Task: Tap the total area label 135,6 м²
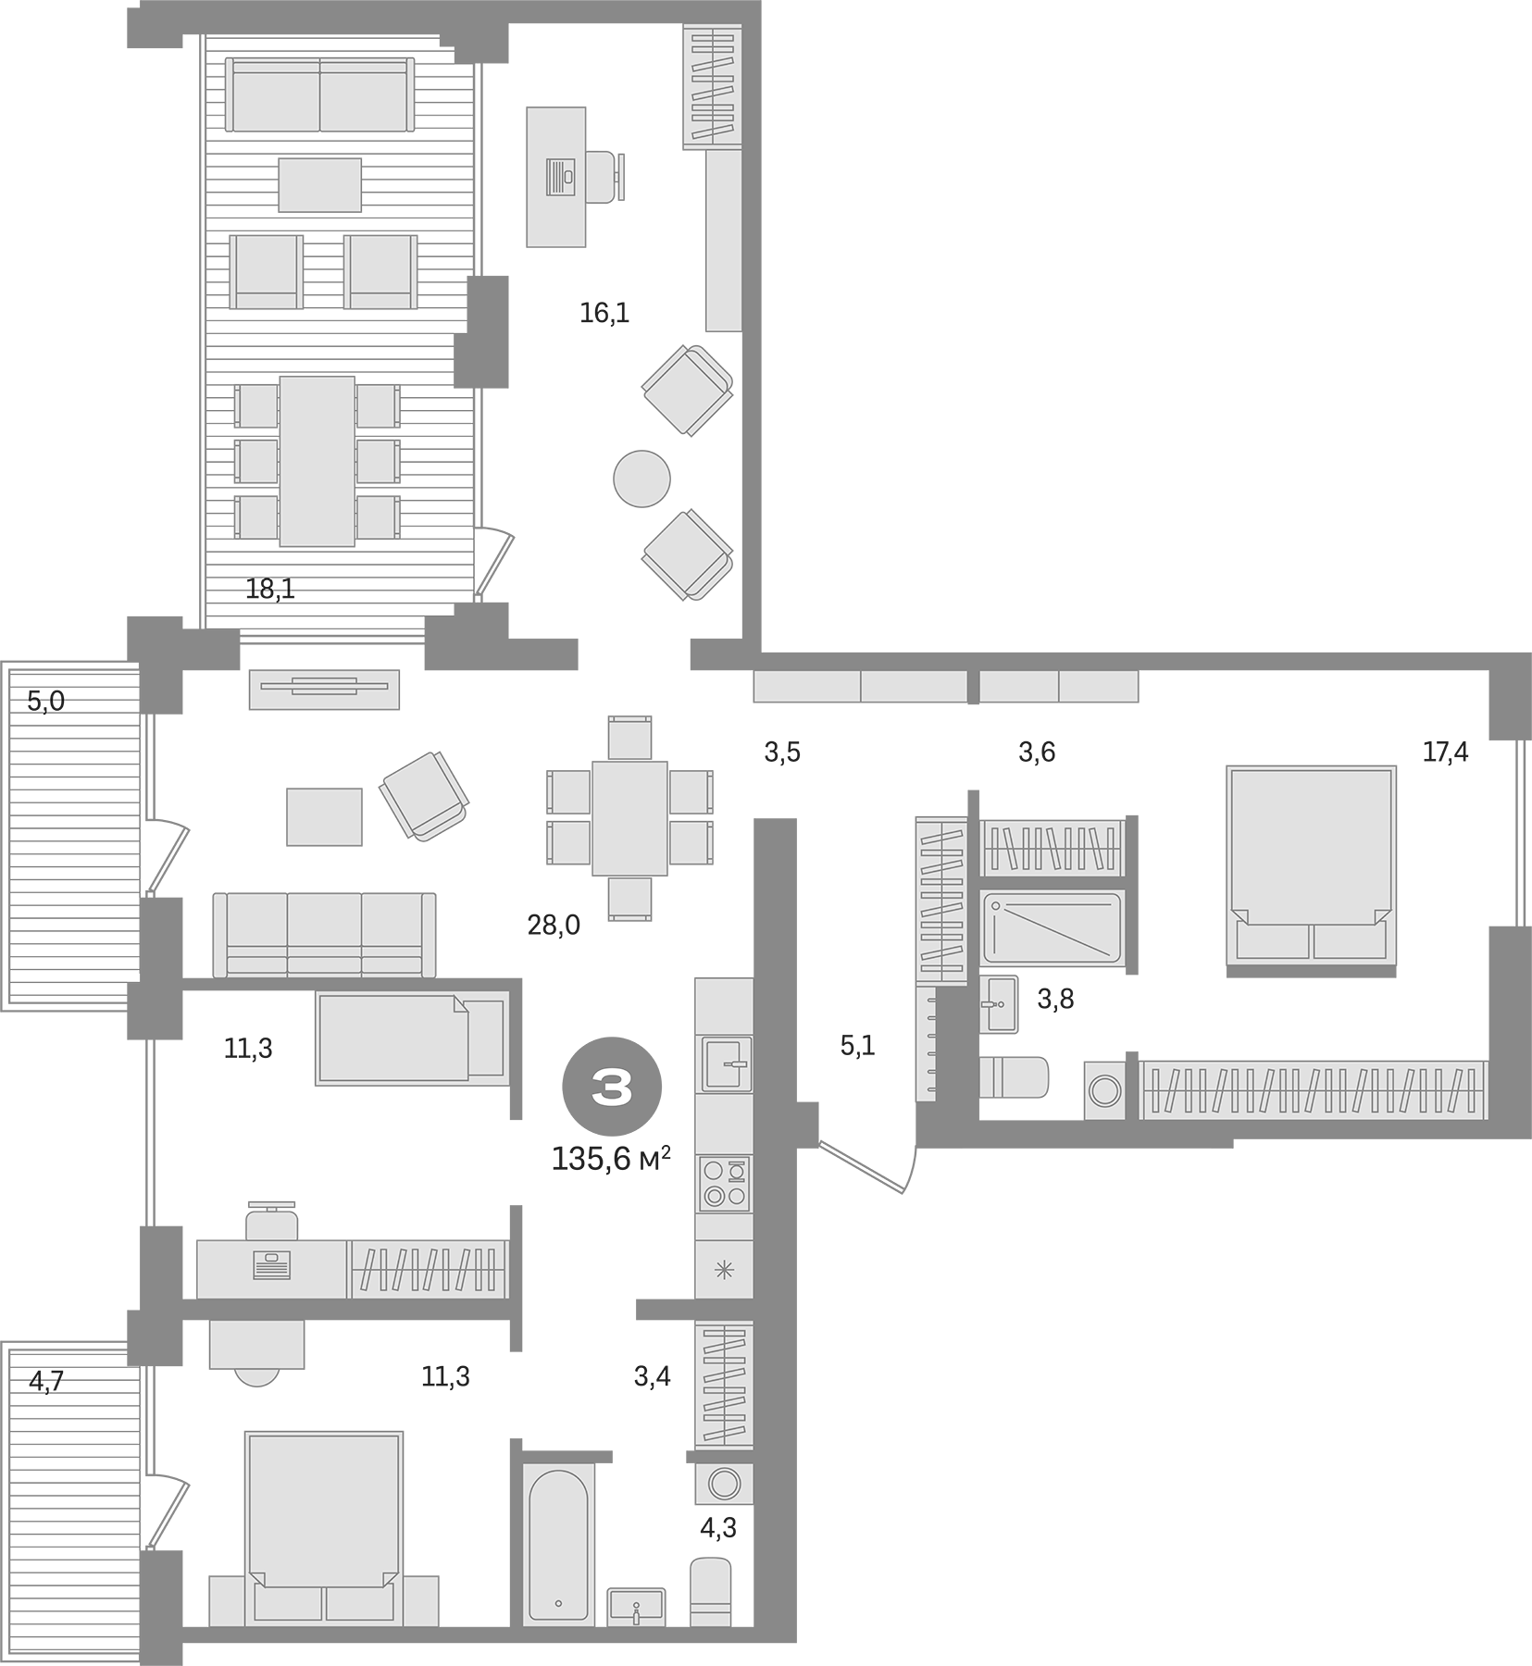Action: (x=610, y=1159)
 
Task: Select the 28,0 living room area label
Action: (x=554, y=925)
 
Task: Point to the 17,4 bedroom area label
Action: (x=1445, y=752)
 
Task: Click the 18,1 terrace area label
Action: (x=270, y=589)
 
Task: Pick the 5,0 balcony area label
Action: (x=45, y=702)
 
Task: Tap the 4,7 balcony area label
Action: (x=46, y=1382)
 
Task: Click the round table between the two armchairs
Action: (x=641, y=479)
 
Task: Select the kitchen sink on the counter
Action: (x=726, y=1065)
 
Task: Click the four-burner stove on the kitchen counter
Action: (x=724, y=1184)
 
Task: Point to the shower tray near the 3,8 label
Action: (x=1052, y=926)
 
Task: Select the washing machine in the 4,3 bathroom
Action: (x=724, y=1484)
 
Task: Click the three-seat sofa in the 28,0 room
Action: (x=324, y=935)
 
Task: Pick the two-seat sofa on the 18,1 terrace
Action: (x=319, y=95)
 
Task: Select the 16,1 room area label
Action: (x=604, y=314)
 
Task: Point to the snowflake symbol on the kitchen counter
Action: (x=724, y=1269)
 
